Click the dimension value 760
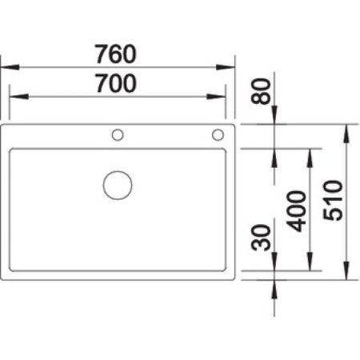pyautogui.click(x=116, y=54)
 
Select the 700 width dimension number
pyautogui.click(x=116, y=83)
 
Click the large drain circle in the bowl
pyautogui.click(x=118, y=185)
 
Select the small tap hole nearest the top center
pyautogui.click(x=118, y=134)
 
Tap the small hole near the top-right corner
pyautogui.click(x=218, y=134)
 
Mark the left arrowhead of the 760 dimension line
pyautogui.click(x=5, y=68)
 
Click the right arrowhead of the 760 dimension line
pyautogui.click(x=230, y=68)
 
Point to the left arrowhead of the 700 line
pyautogui.click(x=14, y=97)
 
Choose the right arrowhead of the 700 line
pyautogui.click(x=221, y=97)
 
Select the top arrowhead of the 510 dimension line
pyautogui.click(x=347, y=129)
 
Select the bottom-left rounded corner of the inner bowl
pyautogui.click(x=13, y=268)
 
